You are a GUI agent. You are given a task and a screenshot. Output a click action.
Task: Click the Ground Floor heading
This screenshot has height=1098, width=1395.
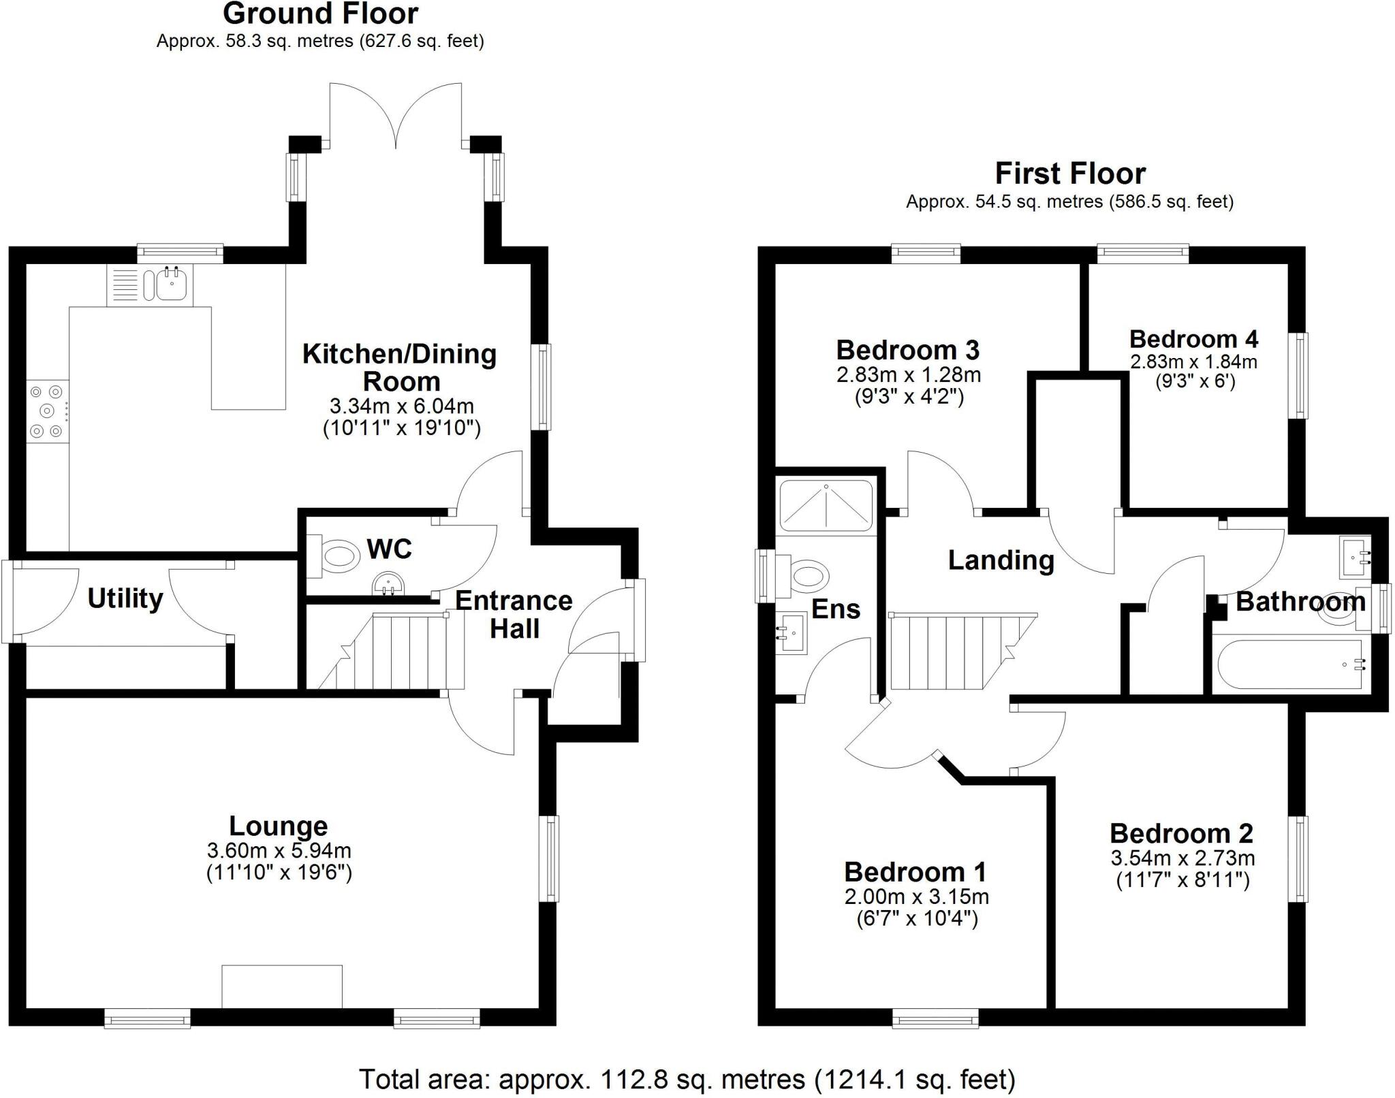(x=320, y=14)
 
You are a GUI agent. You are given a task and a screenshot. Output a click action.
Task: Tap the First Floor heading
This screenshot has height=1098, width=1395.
(x=1069, y=174)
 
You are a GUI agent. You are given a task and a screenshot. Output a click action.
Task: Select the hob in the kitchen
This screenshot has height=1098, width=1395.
(x=47, y=410)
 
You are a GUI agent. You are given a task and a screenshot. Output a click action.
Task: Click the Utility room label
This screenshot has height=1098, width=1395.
(x=125, y=599)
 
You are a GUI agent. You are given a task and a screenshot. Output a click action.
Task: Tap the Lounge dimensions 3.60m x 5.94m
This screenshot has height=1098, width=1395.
(x=279, y=850)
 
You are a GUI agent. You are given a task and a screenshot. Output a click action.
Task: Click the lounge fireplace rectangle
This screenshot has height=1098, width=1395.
(x=281, y=986)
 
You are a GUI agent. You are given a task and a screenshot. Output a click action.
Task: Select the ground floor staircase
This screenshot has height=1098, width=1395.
(x=395, y=651)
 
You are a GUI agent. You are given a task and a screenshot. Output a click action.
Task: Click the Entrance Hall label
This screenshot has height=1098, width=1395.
(x=514, y=615)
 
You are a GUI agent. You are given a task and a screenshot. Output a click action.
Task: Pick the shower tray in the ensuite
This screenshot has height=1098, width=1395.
(x=826, y=505)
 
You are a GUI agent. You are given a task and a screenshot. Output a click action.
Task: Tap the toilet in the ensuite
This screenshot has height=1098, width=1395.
(x=807, y=574)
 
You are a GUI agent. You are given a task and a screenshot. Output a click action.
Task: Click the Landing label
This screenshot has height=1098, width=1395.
(x=1001, y=560)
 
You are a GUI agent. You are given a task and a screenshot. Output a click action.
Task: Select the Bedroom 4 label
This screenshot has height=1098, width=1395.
(x=1193, y=339)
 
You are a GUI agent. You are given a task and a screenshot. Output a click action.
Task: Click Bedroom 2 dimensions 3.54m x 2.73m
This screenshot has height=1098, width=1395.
(x=1182, y=858)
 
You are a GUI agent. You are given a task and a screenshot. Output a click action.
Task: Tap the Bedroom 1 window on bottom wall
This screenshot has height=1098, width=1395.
(x=935, y=1018)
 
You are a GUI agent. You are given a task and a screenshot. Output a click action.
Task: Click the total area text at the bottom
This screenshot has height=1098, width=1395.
(x=687, y=1080)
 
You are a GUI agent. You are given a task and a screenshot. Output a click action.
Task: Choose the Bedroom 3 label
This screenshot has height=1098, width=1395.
(x=907, y=350)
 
